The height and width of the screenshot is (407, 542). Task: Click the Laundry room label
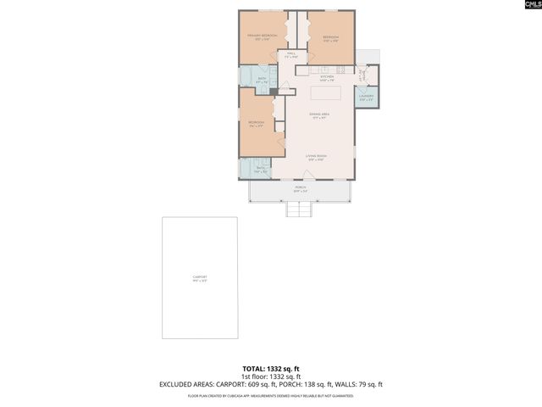pyautogui.click(x=366, y=98)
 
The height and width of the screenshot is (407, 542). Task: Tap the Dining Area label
pyautogui.click(x=318, y=115)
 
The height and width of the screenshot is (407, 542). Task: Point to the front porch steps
pyautogui.click(x=299, y=209)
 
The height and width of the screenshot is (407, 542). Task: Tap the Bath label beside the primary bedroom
pyautogui.click(x=263, y=81)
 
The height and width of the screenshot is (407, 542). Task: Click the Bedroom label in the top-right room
pyautogui.click(x=330, y=38)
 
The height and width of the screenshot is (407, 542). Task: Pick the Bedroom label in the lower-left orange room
pyautogui.click(x=257, y=124)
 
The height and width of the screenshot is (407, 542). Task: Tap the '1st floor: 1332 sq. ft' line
pyautogui.click(x=270, y=376)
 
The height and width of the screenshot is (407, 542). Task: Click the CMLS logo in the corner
pyautogui.click(x=528, y=5)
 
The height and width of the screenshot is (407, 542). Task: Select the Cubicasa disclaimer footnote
pyautogui.click(x=270, y=396)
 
